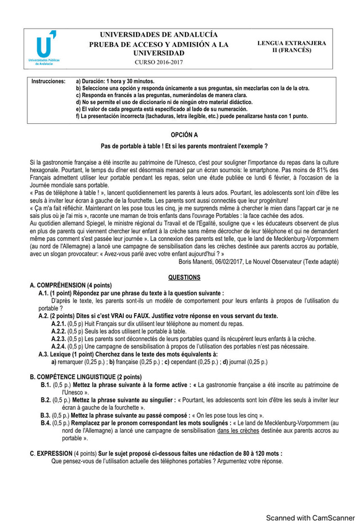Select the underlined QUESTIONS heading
point(184,277)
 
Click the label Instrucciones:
point(48,81)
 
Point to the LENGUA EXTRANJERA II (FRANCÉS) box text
point(291,47)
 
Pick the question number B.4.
point(45,423)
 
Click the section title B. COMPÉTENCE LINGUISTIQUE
point(85,376)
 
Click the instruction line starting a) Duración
point(115,81)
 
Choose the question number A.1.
point(45,293)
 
